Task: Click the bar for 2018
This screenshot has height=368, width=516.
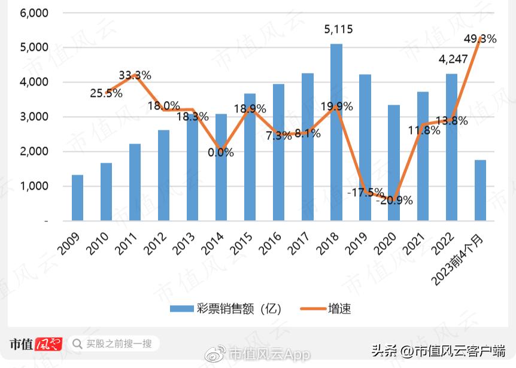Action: tap(336, 132)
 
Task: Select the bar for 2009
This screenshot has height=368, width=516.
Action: tap(77, 198)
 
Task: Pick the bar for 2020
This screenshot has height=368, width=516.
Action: tap(394, 163)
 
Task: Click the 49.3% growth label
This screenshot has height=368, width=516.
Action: tap(480, 39)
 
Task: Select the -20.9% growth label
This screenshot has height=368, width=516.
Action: tap(395, 200)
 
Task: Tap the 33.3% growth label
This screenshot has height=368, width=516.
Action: tap(135, 75)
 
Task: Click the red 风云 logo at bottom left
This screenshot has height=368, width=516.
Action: tap(48, 343)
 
